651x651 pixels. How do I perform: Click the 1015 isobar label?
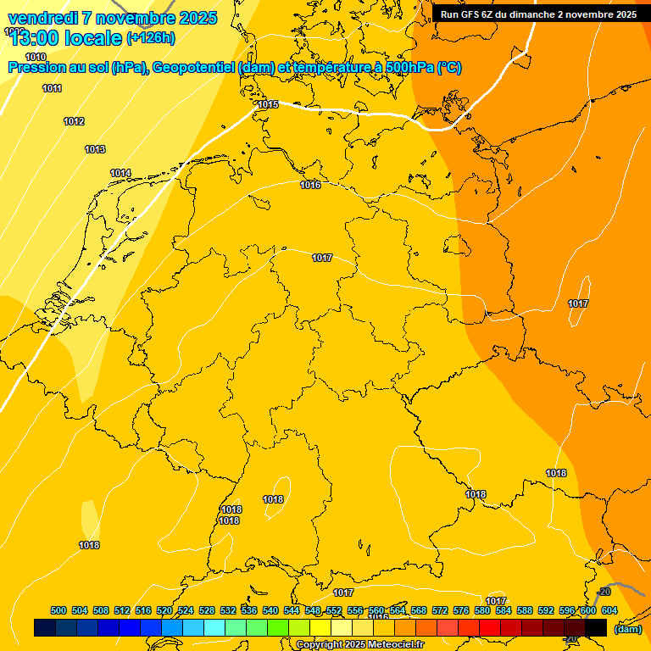(268, 104)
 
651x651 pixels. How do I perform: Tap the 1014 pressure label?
(120, 173)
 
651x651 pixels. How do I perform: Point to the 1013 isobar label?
(95, 149)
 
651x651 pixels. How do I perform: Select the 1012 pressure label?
(74, 121)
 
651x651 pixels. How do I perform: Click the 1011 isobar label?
(52, 88)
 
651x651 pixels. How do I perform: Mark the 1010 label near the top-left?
(36, 57)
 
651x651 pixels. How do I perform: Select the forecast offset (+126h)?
(150, 38)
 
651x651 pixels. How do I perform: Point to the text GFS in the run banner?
(472, 14)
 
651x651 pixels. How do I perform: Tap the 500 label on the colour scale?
(58, 610)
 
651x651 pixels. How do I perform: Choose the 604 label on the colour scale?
(609, 610)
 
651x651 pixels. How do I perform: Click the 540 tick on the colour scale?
(270, 610)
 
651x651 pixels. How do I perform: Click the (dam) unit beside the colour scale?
(627, 629)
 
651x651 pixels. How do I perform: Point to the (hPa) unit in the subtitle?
(126, 68)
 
